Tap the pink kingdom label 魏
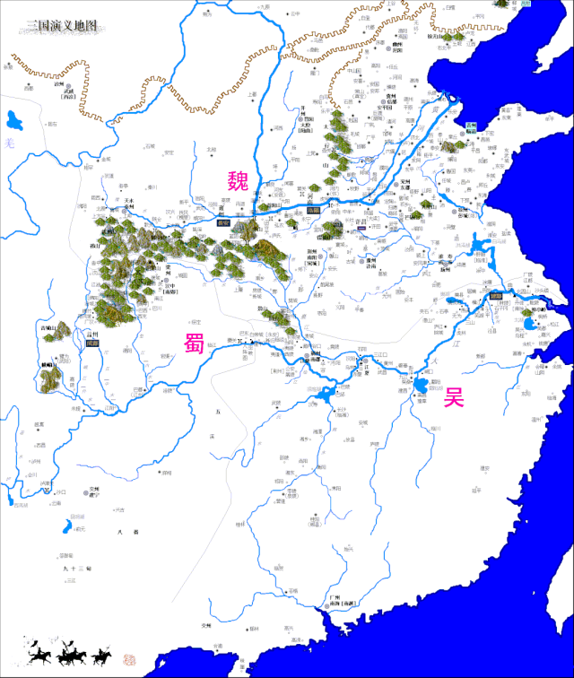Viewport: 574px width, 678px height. [237, 182]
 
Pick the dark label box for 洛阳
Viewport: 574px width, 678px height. [312, 210]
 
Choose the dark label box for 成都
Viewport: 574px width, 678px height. [91, 343]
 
